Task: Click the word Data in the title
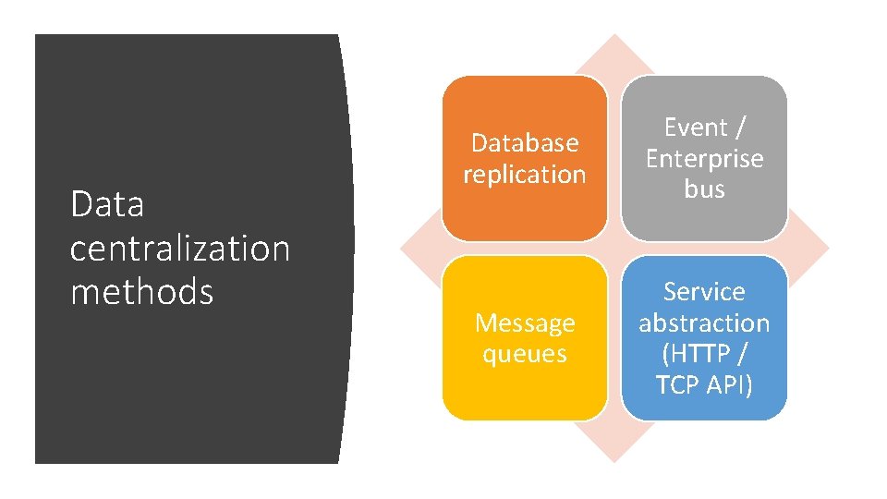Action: pyautogui.click(x=107, y=204)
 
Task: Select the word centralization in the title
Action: pyautogui.click(x=180, y=248)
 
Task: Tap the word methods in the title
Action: pyautogui.click(x=141, y=292)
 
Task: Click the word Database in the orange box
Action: pyautogui.click(x=524, y=143)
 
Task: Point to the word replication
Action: pyautogui.click(x=524, y=174)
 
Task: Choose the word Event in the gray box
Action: pyautogui.click(x=695, y=128)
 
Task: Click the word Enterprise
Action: pyautogui.click(x=704, y=159)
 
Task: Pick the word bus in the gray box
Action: pyautogui.click(x=704, y=189)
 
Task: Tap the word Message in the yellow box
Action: pyautogui.click(x=524, y=323)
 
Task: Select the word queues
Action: pyautogui.click(x=524, y=353)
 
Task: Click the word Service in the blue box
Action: pyautogui.click(x=704, y=292)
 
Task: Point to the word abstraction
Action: pyautogui.click(x=704, y=323)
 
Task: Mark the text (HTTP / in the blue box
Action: pyautogui.click(x=704, y=353)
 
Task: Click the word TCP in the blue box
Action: pyautogui.click(x=679, y=383)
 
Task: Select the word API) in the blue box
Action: pyautogui.click(x=729, y=383)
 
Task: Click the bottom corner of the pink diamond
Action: pyautogui.click(x=614, y=460)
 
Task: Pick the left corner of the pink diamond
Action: pyautogui.click(x=401, y=249)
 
